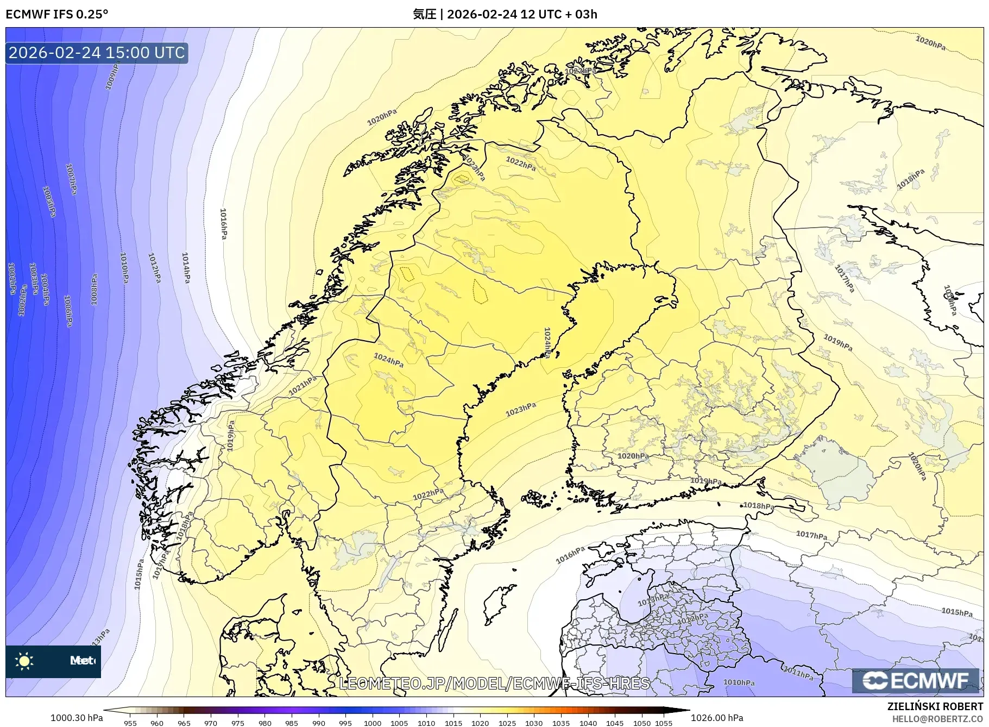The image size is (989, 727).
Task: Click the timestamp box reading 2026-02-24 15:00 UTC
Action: click(x=97, y=53)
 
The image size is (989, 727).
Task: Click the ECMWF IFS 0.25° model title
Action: click(x=56, y=14)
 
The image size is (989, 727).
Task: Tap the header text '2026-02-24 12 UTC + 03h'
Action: click(x=522, y=14)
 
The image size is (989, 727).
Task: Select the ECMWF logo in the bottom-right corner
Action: click(x=916, y=680)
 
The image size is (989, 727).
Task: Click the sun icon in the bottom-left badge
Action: click(x=24, y=661)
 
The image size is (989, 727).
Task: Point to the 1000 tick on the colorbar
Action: click(x=373, y=723)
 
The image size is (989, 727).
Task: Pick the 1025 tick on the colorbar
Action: click(x=507, y=723)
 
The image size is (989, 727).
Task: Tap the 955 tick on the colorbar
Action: click(x=130, y=723)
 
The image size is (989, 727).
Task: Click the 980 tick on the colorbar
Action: click(x=265, y=723)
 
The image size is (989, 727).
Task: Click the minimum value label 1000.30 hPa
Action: click(x=77, y=718)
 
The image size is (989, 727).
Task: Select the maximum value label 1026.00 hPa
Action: click(x=717, y=718)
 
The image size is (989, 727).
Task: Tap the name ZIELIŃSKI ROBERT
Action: click(x=935, y=706)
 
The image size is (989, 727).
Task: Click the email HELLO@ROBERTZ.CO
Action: click(x=937, y=719)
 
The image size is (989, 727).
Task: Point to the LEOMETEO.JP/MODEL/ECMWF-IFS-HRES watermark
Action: click(x=494, y=684)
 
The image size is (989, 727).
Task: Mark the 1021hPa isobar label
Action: click(x=303, y=386)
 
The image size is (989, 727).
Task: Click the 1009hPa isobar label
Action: click(x=112, y=76)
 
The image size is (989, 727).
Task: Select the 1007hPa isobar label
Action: click(x=71, y=179)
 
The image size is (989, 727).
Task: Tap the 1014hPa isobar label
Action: click(x=186, y=267)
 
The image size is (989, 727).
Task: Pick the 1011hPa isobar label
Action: click(x=798, y=673)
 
